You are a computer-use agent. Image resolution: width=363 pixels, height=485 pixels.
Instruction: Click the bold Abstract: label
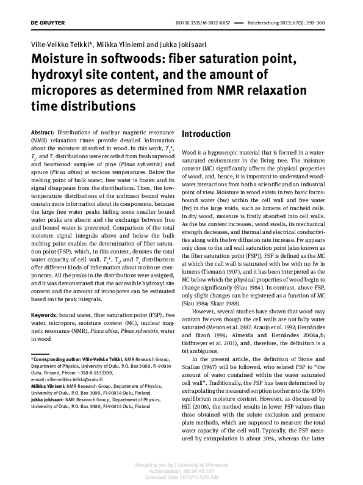pyautogui.click(x=43, y=133)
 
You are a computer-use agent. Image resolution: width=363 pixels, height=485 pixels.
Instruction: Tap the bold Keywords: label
pyautogui.click(x=45, y=315)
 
